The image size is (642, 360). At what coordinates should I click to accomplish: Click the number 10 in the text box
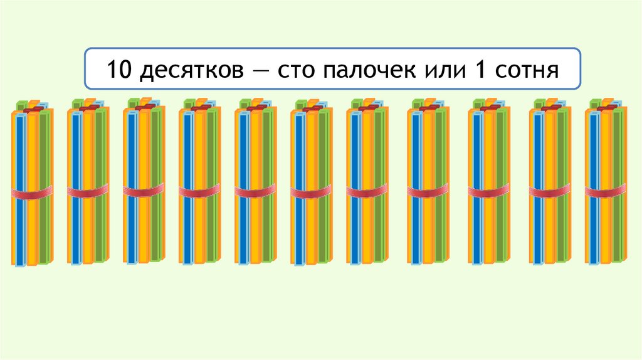(119, 68)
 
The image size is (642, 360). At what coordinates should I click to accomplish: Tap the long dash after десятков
(270, 68)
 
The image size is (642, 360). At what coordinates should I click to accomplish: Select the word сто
(302, 69)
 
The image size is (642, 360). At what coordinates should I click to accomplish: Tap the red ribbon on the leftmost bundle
(32, 193)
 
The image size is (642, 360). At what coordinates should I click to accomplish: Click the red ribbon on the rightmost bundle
(606, 191)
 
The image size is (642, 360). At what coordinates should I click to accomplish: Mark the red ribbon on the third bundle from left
(144, 191)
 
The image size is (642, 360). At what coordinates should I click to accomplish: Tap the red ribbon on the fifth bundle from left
(256, 192)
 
